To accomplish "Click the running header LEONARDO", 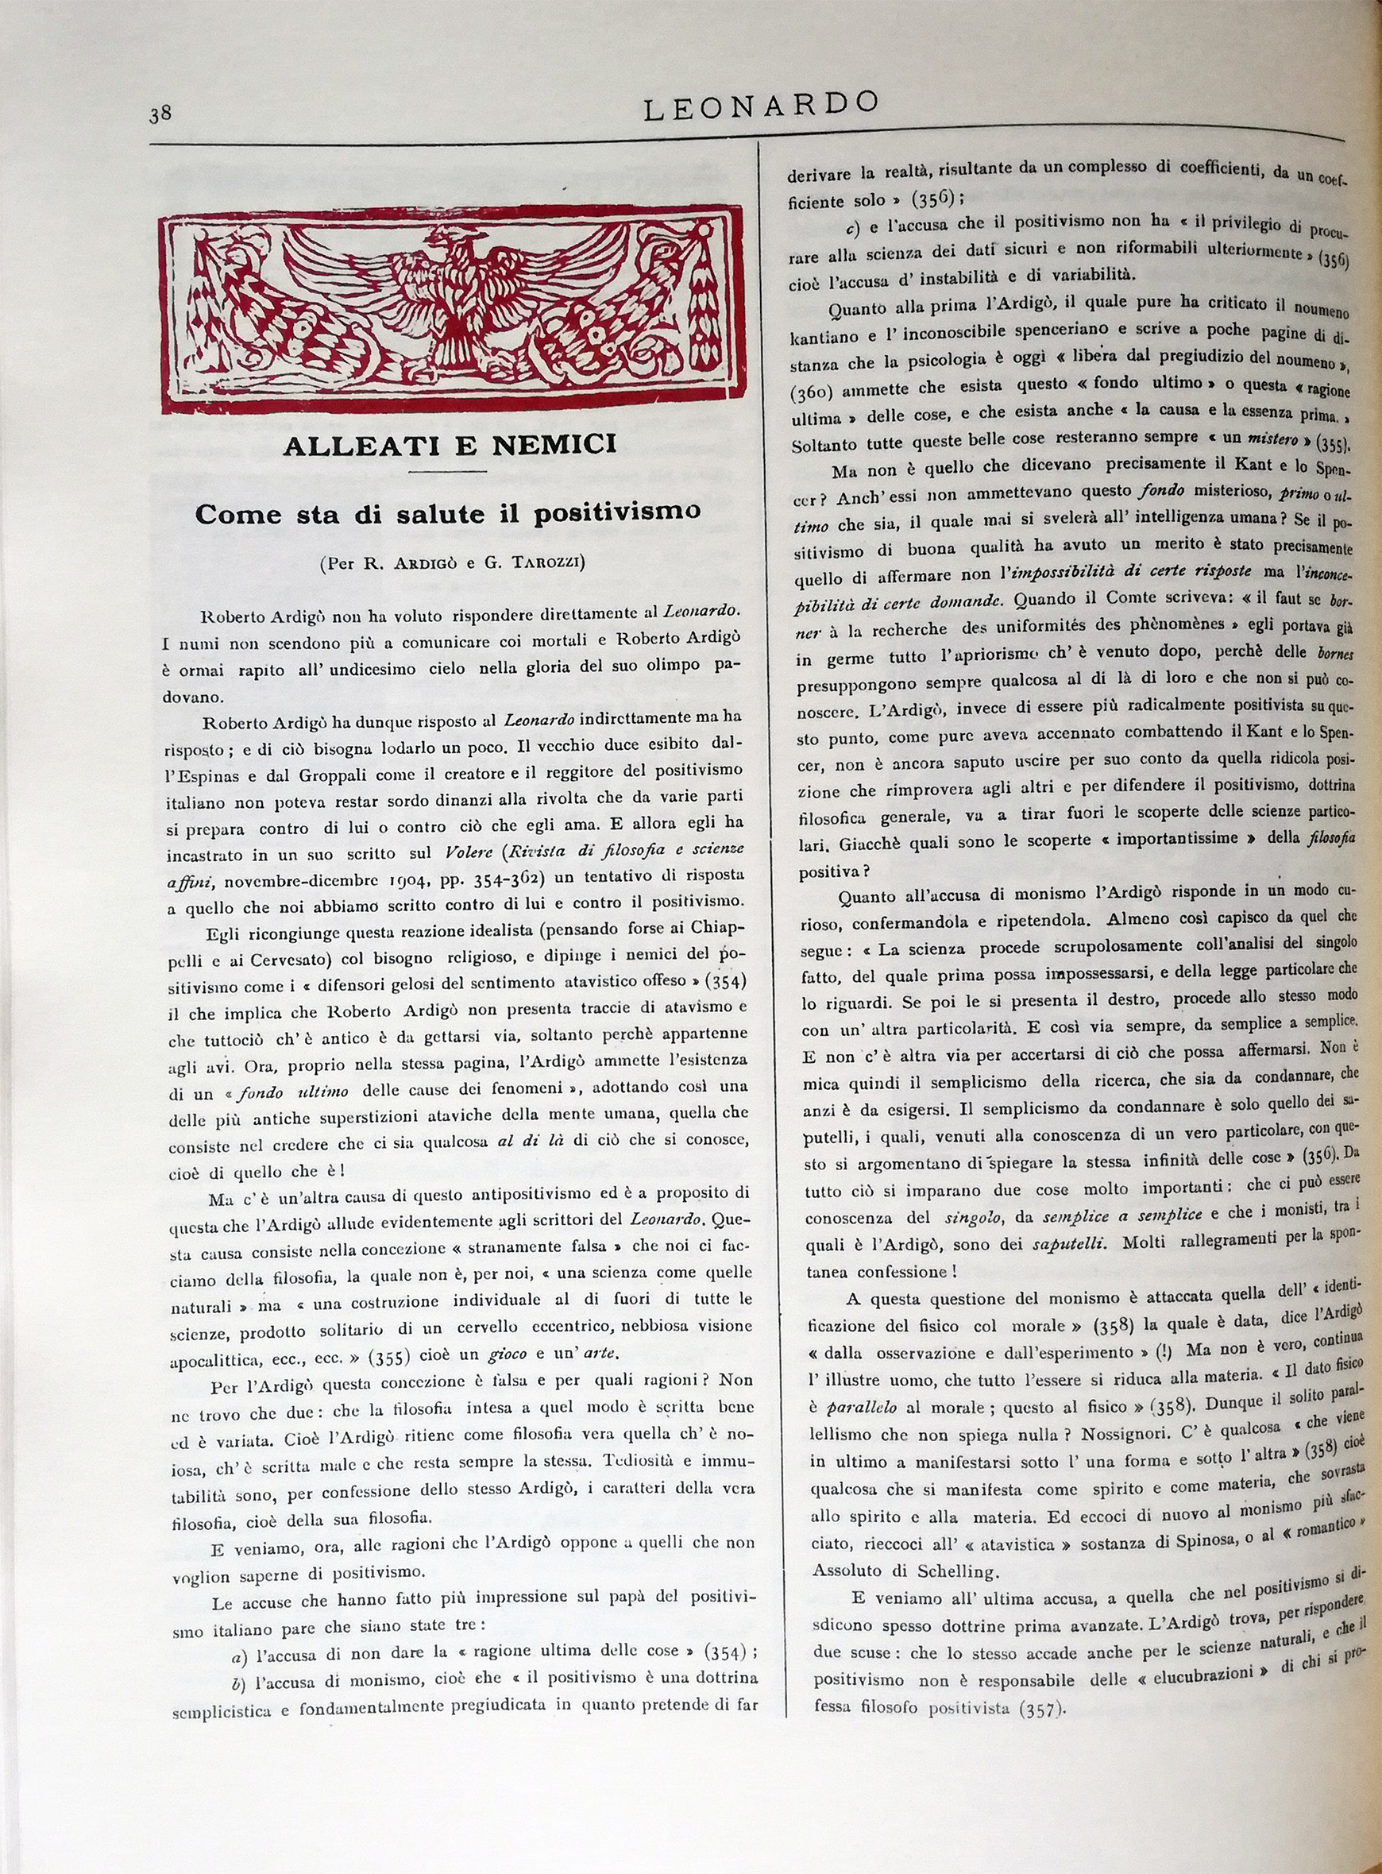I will click(760, 106).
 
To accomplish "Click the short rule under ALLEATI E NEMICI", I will click(450, 472).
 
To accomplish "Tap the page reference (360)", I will click(816, 392).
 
